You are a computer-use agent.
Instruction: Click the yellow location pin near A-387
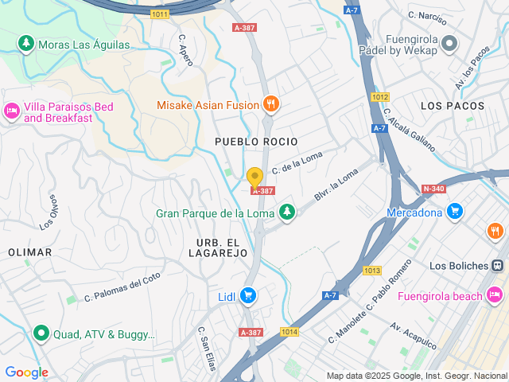pos(254,177)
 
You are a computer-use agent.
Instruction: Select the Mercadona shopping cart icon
pos(454,212)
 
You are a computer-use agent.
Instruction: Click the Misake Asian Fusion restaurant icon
pos(271,103)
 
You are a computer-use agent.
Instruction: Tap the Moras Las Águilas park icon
pos(25,44)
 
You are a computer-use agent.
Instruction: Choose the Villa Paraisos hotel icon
pos(12,111)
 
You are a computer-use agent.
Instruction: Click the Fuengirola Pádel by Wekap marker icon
pos(449,45)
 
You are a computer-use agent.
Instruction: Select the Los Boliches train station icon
pos(497,265)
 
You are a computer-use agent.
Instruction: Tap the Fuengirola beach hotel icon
pos(495,296)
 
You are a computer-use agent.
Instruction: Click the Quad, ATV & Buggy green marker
pos(41,334)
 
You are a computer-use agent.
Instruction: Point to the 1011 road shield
pos(161,14)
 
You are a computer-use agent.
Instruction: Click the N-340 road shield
pos(433,189)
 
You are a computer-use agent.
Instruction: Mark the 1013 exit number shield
pos(372,271)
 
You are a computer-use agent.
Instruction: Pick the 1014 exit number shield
pos(289,332)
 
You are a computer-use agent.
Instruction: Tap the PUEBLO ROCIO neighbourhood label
pos(256,141)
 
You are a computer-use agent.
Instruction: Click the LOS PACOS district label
pos(452,106)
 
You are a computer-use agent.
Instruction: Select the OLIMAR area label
pos(29,252)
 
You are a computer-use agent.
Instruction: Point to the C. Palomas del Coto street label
pos(123,288)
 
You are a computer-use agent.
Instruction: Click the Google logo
pos(26,372)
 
